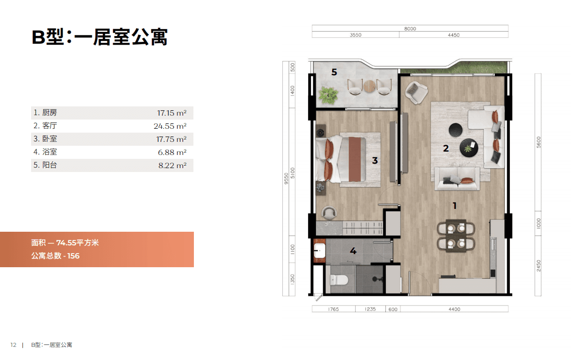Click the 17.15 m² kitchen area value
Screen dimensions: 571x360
pos(172,113)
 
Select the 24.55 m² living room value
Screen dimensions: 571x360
pos(170,126)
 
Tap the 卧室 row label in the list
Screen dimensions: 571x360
pos(50,138)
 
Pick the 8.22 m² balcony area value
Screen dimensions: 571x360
pos(172,166)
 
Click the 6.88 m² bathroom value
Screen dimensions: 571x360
pos(172,153)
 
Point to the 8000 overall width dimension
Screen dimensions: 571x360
pos(410,28)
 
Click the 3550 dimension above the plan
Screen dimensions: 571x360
pos(355,35)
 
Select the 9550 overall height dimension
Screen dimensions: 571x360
pos(286,178)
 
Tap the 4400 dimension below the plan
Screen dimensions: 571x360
pos(454,309)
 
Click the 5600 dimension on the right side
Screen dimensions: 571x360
pos(538,142)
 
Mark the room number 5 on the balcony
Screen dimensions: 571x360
pos(334,72)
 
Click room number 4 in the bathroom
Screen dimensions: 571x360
pos(353,251)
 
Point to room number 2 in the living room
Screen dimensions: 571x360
pos(446,148)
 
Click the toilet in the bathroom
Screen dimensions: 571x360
pos(339,280)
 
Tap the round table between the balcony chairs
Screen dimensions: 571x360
pos(369,86)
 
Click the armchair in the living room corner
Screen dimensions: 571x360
pos(416,92)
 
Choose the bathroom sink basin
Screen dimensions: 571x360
pos(319,250)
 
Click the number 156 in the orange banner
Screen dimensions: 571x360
pos(73,256)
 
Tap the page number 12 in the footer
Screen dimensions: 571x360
pos(14,345)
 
